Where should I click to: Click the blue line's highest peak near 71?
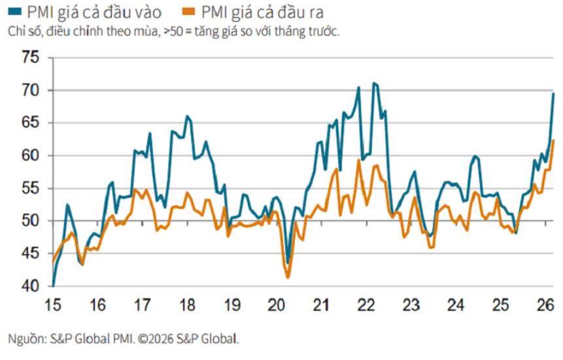373,83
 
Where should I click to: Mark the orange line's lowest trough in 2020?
288,278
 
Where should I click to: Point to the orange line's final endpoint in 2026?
553,140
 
